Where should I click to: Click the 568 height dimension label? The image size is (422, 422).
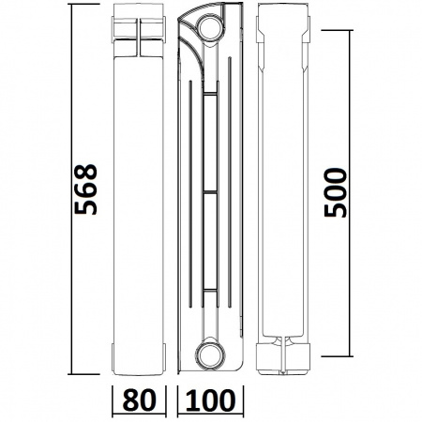(85, 188)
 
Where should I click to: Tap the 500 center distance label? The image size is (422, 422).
(336, 192)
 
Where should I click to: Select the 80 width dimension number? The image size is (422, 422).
(139, 399)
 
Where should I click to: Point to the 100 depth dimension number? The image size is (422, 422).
(210, 399)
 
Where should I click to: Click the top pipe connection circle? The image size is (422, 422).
(210, 27)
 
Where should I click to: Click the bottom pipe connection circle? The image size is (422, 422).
(210, 354)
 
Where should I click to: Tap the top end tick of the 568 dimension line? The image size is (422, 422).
(83, 4)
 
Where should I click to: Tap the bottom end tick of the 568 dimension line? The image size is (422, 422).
(83, 374)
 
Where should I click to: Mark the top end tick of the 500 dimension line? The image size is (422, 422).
(337, 30)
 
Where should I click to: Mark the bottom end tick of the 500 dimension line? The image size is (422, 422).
(337, 356)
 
